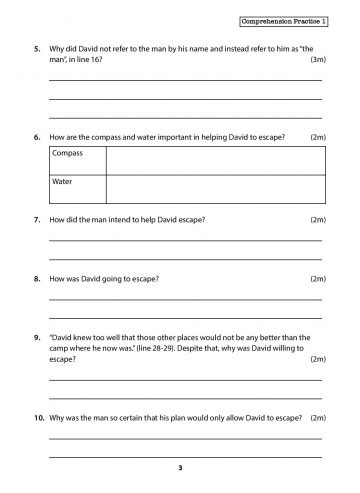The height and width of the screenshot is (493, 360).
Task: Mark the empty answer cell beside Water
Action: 213,188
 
